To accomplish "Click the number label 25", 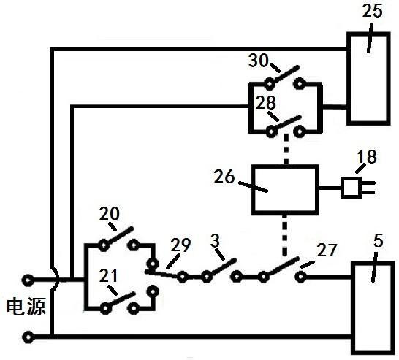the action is tap(372, 12).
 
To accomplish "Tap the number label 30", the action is tap(258, 61).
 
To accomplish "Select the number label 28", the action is tap(265, 103).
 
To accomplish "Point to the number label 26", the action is tap(224, 176).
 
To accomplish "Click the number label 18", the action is tap(367, 156).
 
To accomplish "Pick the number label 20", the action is tap(109, 213).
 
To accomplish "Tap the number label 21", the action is tap(108, 275).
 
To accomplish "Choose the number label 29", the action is tap(180, 245).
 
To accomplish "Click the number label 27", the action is tap(327, 250).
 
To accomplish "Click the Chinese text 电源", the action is tap(26, 307).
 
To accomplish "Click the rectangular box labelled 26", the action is tap(286, 190).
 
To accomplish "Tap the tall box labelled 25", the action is tap(368, 79).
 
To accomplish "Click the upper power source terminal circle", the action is tap(28, 280).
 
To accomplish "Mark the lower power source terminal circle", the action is tap(28, 337).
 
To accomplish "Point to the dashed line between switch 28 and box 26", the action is tap(286, 149).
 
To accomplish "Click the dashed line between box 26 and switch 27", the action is tap(285, 235).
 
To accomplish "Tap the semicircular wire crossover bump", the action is tap(57, 280).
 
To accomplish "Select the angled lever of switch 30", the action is tap(284, 74).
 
